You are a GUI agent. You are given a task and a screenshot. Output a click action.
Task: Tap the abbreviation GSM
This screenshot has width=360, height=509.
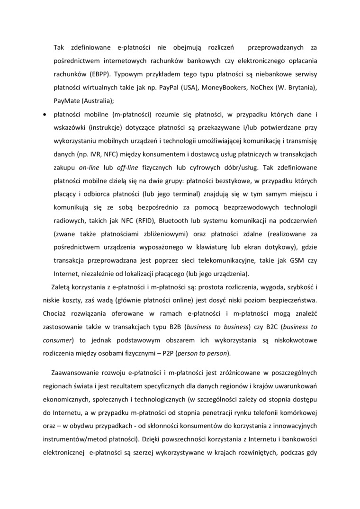click(x=293, y=260)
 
